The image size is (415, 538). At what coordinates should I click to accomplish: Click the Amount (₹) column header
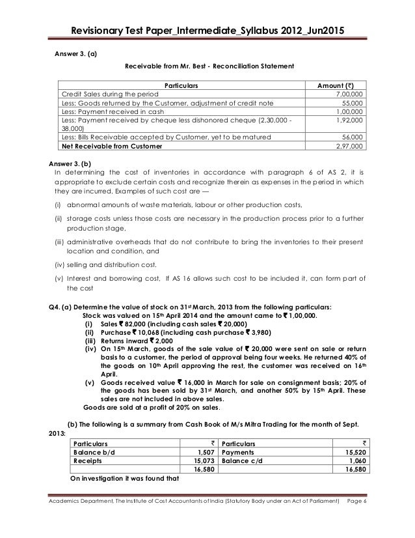340,85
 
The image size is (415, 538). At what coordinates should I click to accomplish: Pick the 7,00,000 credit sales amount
349,94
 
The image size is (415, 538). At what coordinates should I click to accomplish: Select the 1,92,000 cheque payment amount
349,120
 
